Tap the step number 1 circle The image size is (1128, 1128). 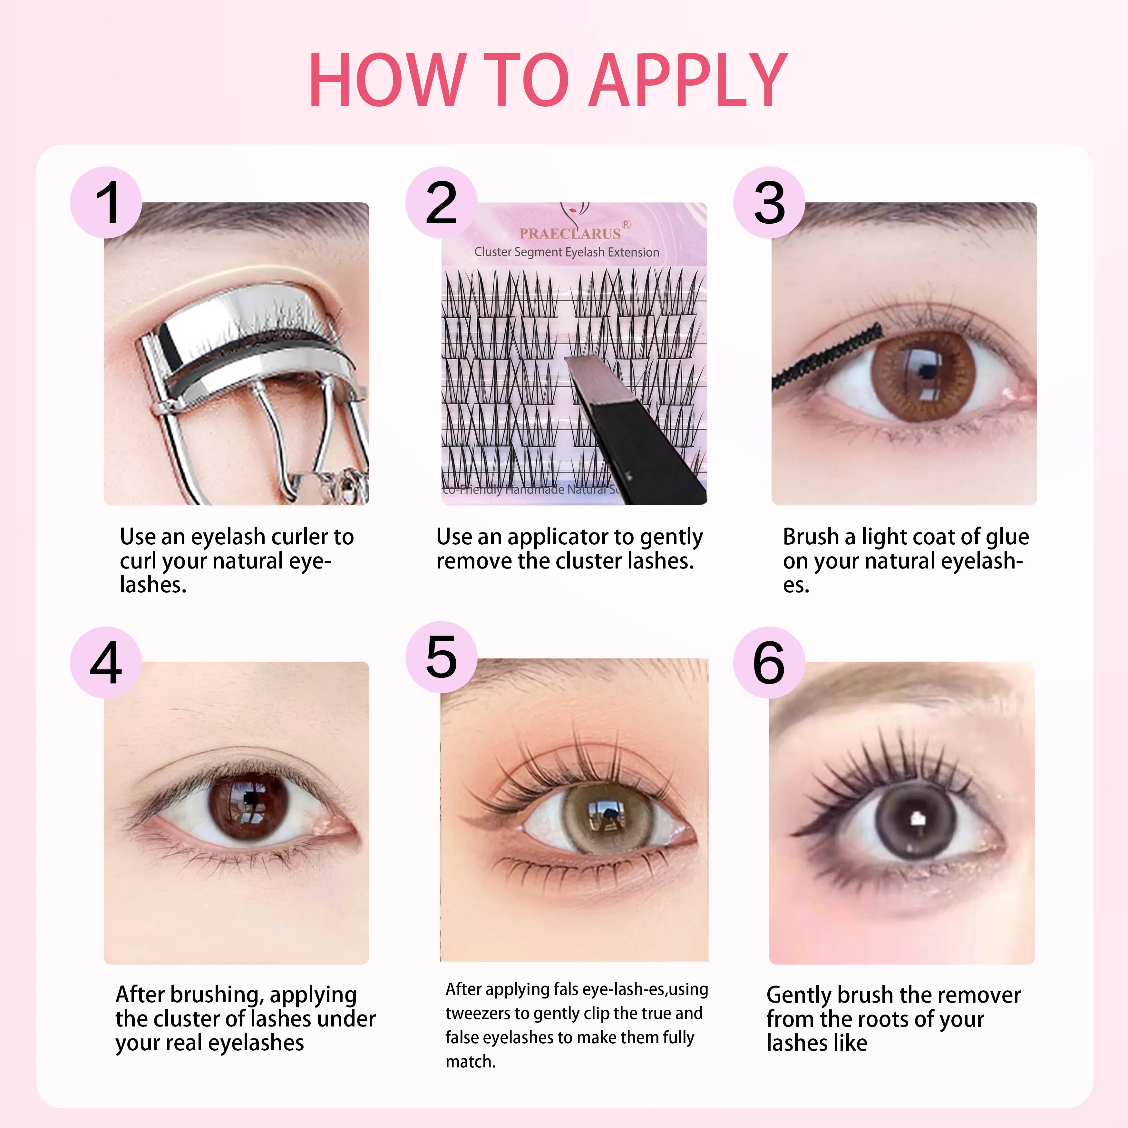106,203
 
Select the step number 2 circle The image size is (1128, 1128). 442,203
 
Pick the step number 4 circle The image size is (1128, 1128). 106,663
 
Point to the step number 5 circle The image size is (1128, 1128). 442,657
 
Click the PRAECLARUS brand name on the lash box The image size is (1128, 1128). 570,234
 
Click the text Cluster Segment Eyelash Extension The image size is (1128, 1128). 566,252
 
